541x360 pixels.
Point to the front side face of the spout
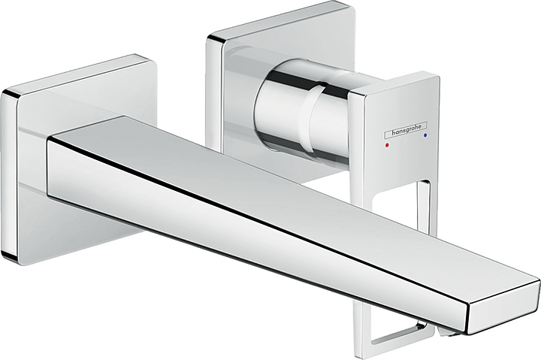225,225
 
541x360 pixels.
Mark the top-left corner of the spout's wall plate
6,92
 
